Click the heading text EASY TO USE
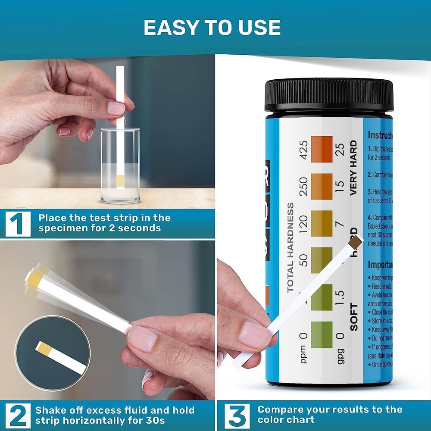pos(212,28)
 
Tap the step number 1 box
pos(18,223)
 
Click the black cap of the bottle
pos(329,95)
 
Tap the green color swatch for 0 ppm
pos(322,334)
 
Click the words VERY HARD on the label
pos(354,168)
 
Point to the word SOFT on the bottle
pos(354,317)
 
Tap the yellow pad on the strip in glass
pos(120,181)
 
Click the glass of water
pos(120,166)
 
